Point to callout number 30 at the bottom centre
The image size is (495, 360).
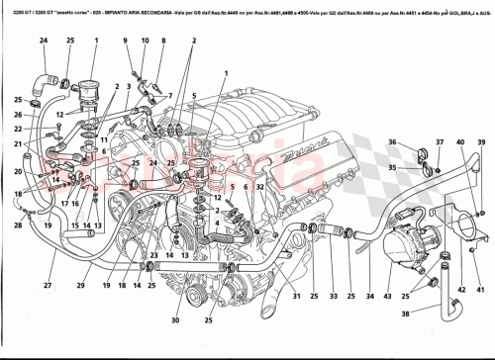176,321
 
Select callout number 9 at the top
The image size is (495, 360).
127,39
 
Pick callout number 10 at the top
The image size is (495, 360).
144,39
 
